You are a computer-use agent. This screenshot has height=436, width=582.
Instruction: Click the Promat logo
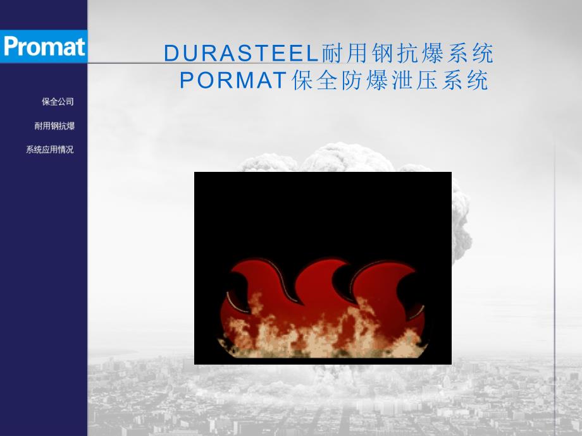(x=43, y=46)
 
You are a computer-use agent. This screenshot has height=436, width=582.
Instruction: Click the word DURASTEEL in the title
(x=242, y=54)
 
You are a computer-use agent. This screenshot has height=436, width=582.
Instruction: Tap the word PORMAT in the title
(x=235, y=80)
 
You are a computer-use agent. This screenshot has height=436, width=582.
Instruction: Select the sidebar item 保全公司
(x=58, y=102)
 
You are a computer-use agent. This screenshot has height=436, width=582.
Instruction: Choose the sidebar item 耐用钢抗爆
(x=54, y=126)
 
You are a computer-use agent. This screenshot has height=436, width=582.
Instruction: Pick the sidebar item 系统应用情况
(x=50, y=150)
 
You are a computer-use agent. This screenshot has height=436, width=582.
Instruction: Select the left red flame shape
(x=253, y=297)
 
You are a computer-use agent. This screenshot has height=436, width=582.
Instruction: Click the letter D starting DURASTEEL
(x=172, y=54)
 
